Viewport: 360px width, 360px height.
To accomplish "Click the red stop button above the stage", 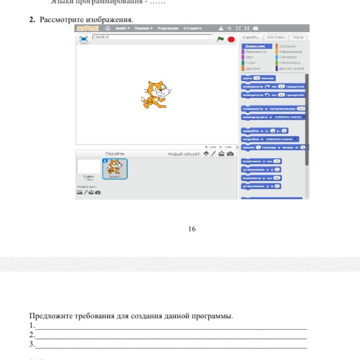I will pyautogui.click(x=231, y=39).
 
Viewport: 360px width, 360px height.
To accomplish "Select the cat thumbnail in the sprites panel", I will pyautogui.click(x=115, y=169).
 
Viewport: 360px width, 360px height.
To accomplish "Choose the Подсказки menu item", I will pyautogui.click(x=168, y=29).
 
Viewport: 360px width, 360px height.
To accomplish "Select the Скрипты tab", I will pyautogui.click(x=251, y=37).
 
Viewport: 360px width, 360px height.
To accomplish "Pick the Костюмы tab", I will pyautogui.click(x=276, y=37).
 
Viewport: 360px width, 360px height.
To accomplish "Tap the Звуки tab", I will pyautogui.click(x=298, y=37).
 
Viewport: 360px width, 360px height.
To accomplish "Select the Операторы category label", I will pyautogui.click(x=290, y=63).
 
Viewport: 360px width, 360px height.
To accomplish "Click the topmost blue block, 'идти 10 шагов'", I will pyautogui.click(x=258, y=78).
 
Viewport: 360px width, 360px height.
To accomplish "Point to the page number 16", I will pyautogui.click(x=192, y=229).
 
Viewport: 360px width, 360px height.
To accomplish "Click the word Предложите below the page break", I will pyautogui.click(x=48, y=316).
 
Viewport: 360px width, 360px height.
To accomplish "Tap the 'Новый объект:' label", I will pyautogui.click(x=184, y=154).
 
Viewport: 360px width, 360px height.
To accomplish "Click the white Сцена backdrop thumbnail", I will pyautogui.click(x=88, y=167).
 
